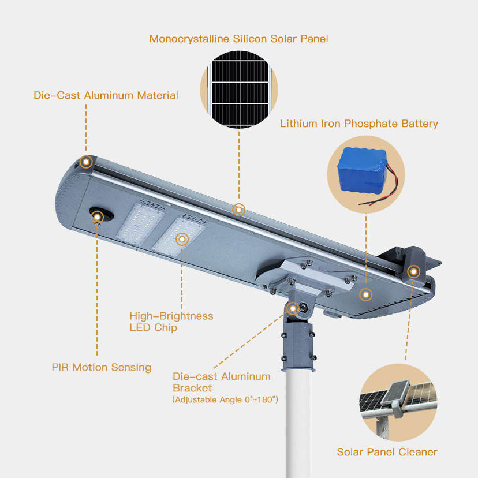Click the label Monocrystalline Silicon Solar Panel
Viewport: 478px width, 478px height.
(x=238, y=39)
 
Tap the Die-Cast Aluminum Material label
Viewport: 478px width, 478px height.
(x=106, y=95)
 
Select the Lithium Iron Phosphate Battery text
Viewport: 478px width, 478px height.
(x=359, y=124)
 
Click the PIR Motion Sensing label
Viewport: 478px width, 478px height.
(x=101, y=367)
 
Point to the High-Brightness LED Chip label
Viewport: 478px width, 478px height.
(x=171, y=322)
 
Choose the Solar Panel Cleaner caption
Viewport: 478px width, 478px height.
(x=387, y=452)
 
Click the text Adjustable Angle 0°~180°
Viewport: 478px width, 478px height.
(x=225, y=399)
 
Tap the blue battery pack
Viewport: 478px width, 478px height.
(x=362, y=171)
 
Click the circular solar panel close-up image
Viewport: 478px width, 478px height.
(x=239, y=89)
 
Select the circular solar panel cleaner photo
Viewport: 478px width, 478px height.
(x=398, y=402)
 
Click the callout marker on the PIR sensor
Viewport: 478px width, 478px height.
(x=97, y=217)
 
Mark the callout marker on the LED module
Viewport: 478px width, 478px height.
(x=182, y=240)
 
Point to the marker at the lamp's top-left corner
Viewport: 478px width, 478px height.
(x=86, y=162)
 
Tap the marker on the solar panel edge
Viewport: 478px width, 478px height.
(x=238, y=210)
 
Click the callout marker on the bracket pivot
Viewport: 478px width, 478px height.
(x=293, y=308)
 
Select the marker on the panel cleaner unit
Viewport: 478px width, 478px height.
(x=413, y=271)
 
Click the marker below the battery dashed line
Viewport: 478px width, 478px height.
(x=366, y=294)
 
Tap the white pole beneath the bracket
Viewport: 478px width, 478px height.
(x=299, y=424)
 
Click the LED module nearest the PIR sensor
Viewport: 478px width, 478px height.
(x=140, y=224)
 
